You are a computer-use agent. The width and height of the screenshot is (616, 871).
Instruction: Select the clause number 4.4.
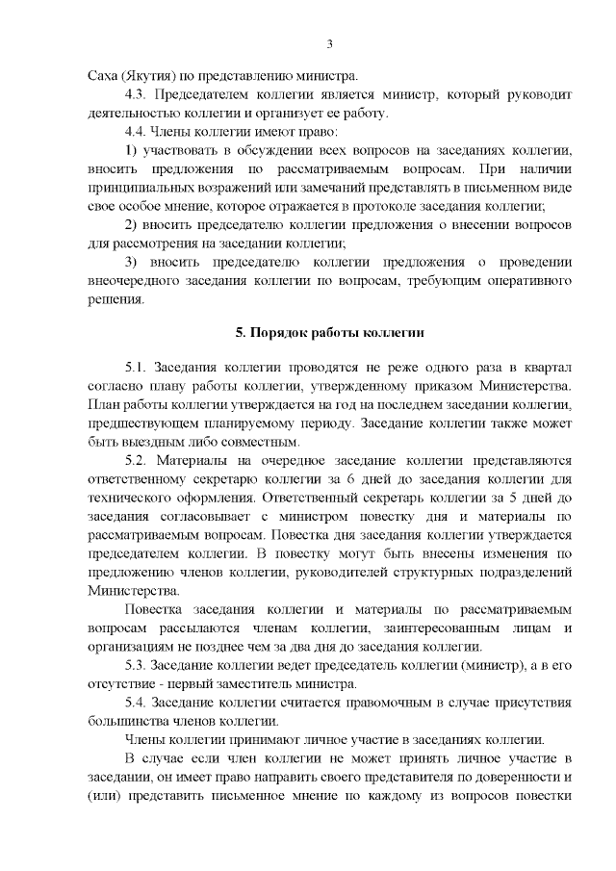(x=141, y=131)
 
